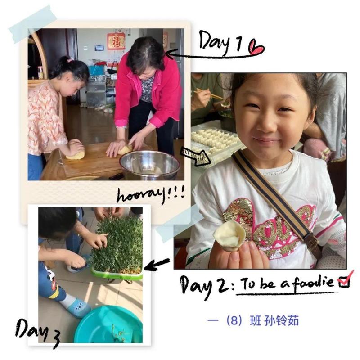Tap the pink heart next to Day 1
pos(256,47)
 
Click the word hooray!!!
pos(151,195)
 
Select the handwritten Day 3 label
pos(38,333)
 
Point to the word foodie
pos(313,283)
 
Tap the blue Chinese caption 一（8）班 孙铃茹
pos(253,320)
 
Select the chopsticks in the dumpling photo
pos(208,94)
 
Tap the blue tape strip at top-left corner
pos(32,24)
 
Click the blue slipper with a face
pos(78,308)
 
